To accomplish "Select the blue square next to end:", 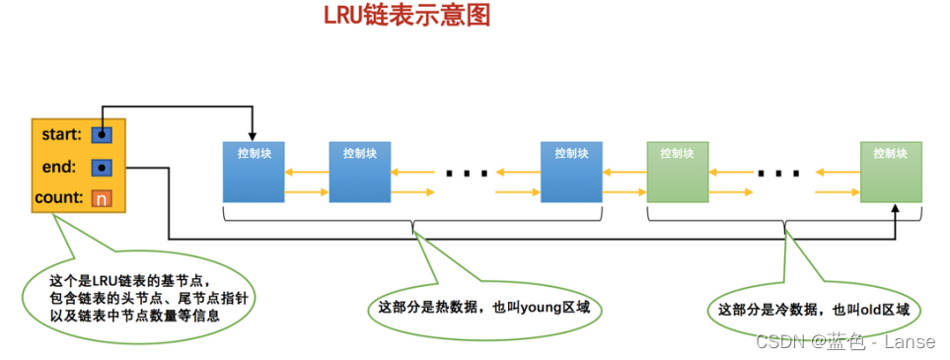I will point(102,167).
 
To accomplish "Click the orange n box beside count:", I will point(101,198).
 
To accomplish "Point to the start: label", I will point(63,133).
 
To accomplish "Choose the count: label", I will point(58,198).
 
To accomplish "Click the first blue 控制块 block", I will point(254,173).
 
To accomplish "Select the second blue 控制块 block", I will point(359,173).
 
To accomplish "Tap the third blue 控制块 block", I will point(571,173).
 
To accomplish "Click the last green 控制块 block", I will point(891,173).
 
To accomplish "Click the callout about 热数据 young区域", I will point(483,307).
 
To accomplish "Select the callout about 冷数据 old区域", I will point(813,309).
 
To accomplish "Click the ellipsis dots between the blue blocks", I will point(467,174).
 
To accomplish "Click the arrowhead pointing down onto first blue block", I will point(254,136).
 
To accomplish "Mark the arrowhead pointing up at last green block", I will point(896,208).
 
